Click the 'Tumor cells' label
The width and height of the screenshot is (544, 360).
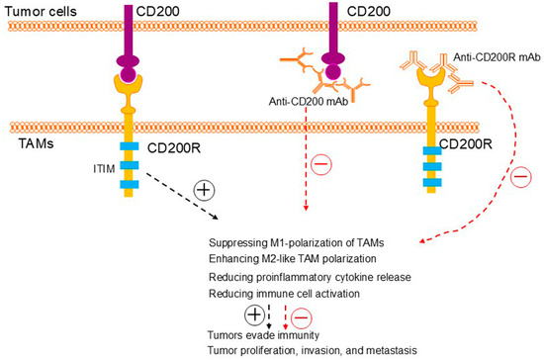41,12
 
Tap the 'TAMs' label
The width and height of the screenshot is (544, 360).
36,143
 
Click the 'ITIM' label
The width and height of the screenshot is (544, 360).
104,169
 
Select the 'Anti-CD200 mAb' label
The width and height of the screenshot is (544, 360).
309,101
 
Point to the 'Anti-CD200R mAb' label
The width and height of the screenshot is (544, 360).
497,57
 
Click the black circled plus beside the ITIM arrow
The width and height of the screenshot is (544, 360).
204,190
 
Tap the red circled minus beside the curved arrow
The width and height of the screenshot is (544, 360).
521,177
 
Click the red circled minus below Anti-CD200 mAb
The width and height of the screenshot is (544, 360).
321,164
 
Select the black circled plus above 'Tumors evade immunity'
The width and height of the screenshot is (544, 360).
255,315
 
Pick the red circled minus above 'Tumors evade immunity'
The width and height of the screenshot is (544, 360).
301,317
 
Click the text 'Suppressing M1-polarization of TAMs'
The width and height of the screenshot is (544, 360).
297,242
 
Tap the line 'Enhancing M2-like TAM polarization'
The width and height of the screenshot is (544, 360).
293,259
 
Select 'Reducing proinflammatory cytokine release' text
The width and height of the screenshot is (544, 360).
310,277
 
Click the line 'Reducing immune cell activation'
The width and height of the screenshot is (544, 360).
284,294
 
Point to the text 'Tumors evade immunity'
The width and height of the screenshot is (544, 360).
263,335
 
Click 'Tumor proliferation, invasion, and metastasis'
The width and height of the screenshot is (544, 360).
313,350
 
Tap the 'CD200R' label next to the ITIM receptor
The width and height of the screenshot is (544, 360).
174,148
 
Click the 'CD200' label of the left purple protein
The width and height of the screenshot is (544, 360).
158,12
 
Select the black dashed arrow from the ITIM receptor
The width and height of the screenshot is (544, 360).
182,196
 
